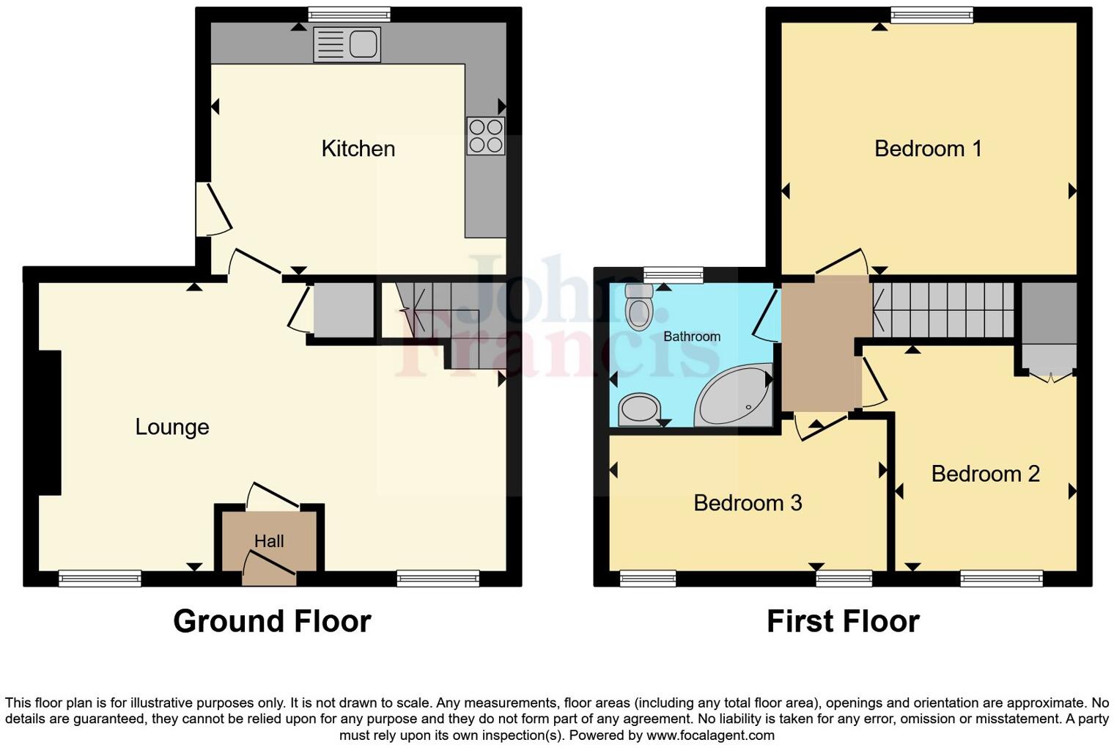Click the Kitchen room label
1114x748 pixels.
[358, 149]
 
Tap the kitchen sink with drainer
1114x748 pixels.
[347, 44]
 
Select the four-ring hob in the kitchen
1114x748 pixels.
[486, 136]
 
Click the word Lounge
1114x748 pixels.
[172, 427]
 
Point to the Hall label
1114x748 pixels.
[269, 541]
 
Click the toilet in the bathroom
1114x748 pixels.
[639, 307]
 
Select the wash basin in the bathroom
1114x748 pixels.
[638, 409]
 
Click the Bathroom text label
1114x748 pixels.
[692, 337]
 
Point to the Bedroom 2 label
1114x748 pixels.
[985, 474]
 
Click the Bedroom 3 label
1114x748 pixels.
[748, 503]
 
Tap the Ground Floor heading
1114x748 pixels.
[272, 621]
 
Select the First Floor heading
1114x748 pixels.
[843, 621]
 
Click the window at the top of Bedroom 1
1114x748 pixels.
[932, 15]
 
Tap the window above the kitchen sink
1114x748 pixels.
[349, 15]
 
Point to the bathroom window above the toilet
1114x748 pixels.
[673, 275]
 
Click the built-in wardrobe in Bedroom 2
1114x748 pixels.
[1049, 326]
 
